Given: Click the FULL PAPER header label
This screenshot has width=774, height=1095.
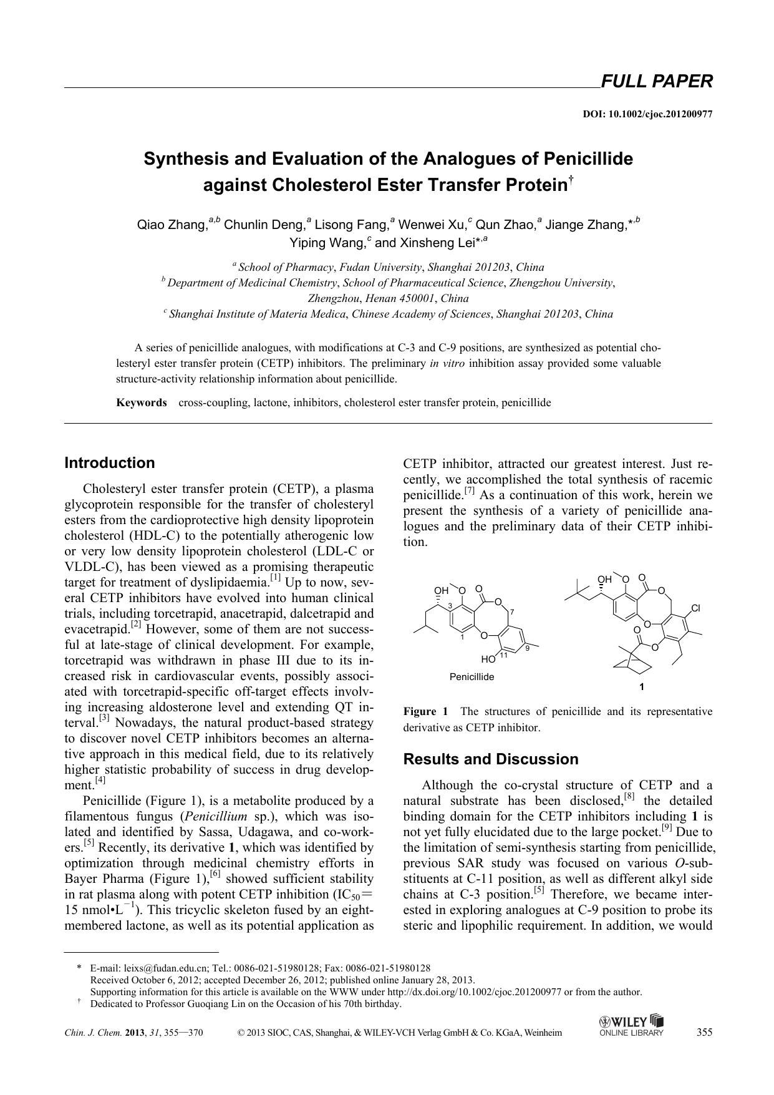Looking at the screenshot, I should tap(655, 82).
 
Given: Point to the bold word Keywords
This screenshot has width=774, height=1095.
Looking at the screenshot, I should tap(142, 402).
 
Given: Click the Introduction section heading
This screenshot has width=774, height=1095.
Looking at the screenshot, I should tap(110, 463).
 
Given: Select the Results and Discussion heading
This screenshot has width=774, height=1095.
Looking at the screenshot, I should tap(491, 759).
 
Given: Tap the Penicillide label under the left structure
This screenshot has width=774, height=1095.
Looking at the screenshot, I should tap(472, 676).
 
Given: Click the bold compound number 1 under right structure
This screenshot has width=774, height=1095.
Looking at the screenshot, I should tap(642, 687).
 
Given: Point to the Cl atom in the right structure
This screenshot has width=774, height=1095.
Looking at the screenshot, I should tap(696, 608).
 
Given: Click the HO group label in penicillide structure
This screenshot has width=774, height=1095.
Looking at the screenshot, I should tap(488, 659).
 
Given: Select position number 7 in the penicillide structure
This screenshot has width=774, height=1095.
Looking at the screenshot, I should tap(512, 611).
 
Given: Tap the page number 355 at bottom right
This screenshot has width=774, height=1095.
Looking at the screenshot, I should tap(704, 1032).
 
